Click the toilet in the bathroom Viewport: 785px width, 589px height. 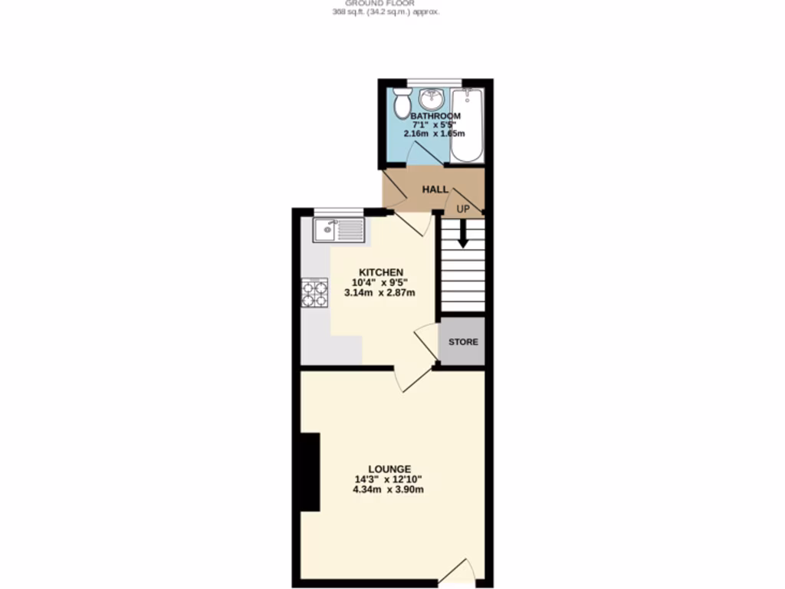[x=401, y=102]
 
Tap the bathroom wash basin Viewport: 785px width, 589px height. [x=432, y=99]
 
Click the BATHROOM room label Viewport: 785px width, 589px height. [x=435, y=116]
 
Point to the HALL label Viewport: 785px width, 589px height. [x=435, y=189]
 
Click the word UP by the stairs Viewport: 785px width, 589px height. [x=463, y=209]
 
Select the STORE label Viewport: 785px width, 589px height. [x=463, y=341]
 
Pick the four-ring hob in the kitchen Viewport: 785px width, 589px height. [x=315, y=294]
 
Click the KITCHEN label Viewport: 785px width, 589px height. [x=382, y=272]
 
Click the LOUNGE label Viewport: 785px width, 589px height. [x=389, y=469]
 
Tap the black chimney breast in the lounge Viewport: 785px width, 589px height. [x=310, y=472]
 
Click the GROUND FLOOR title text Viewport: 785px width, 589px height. [x=386, y=3]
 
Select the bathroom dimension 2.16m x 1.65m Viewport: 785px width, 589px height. [x=435, y=133]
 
